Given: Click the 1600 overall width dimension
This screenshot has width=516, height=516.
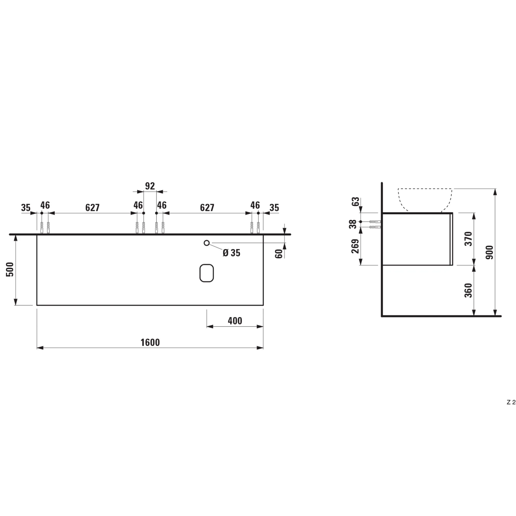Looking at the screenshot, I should click(x=150, y=342).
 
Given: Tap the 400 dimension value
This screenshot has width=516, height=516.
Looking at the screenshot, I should click(x=235, y=321).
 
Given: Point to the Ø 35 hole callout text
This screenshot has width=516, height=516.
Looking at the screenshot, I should click(x=232, y=253).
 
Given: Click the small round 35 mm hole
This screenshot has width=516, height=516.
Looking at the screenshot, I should click(x=206, y=243).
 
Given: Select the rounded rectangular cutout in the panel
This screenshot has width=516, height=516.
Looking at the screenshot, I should click(x=206, y=273).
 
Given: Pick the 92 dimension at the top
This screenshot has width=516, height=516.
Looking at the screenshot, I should click(x=150, y=186).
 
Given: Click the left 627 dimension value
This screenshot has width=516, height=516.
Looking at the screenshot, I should click(x=92, y=207).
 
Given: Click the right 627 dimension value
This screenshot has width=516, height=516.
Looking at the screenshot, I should click(x=207, y=207).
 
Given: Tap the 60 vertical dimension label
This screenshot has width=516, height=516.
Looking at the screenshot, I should click(x=279, y=253).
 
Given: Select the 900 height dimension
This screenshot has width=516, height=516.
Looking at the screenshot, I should click(x=490, y=252).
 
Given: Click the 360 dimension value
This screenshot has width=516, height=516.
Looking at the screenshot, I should click(x=469, y=290).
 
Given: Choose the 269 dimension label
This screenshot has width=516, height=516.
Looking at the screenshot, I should click(x=355, y=246).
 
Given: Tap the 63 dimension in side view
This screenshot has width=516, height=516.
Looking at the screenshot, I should click(x=356, y=201).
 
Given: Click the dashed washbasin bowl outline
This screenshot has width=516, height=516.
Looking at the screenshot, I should click(x=425, y=199).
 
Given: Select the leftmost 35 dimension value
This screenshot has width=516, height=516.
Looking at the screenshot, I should click(x=26, y=207).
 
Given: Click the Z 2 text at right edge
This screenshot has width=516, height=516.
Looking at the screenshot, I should click(x=511, y=410).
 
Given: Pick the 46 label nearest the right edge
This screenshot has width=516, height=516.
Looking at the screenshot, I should click(x=255, y=205).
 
